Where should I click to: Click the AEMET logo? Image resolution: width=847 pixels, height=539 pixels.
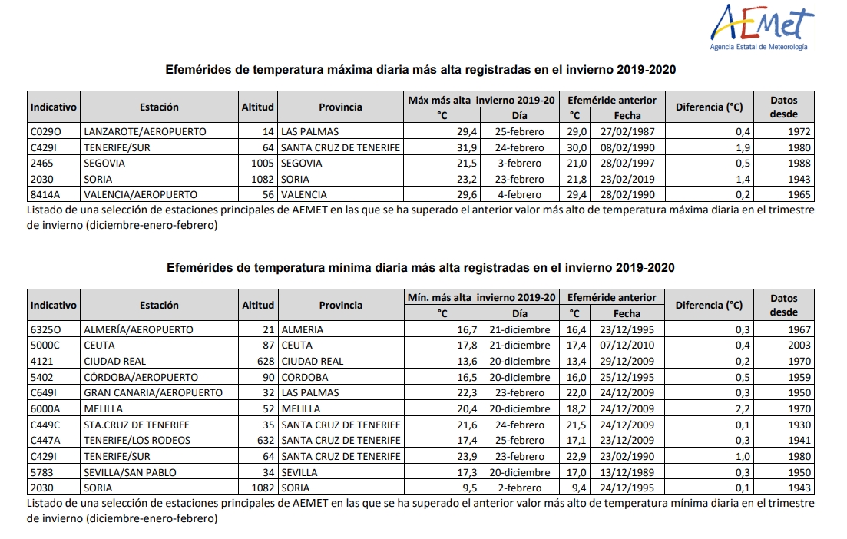[x=762, y=28]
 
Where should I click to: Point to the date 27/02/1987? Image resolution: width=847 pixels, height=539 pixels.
[x=627, y=131]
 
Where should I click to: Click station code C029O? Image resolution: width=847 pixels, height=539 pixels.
[x=46, y=131]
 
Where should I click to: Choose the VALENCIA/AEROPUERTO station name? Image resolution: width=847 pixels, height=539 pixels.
[x=141, y=194]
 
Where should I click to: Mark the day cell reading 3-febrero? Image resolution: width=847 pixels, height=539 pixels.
[x=519, y=163]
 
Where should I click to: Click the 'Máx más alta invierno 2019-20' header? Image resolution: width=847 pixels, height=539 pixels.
[x=481, y=100]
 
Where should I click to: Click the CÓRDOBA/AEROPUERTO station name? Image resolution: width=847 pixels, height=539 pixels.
[x=141, y=377]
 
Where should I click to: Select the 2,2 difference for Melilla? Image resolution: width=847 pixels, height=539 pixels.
[x=743, y=408]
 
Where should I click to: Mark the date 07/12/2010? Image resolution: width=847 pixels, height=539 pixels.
[x=627, y=345]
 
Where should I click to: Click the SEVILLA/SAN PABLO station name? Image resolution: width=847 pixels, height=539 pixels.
[x=131, y=472]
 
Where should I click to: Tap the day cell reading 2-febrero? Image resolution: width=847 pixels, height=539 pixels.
[x=520, y=488]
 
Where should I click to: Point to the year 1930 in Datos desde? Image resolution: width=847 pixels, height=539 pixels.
[x=799, y=425]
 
